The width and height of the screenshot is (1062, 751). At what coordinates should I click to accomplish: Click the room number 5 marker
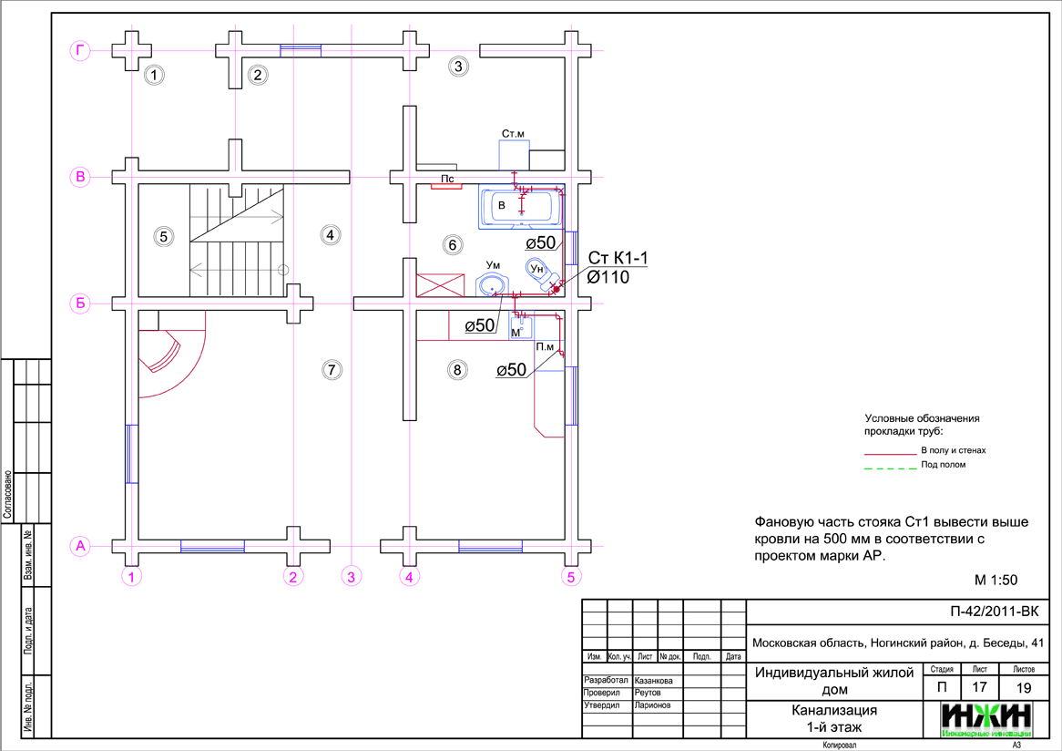click(x=164, y=237)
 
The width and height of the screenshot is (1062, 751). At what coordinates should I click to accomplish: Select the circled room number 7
click(x=332, y=369)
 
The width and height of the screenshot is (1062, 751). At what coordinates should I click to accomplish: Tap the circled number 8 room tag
click(x=458, y=369)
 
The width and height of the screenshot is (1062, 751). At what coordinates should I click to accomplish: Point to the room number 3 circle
click(x=458, y=66)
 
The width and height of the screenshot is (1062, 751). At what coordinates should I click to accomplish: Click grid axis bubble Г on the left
click(x=80, y=52)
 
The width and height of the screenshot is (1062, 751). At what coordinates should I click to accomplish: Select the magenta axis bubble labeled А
click(x=80, y=546)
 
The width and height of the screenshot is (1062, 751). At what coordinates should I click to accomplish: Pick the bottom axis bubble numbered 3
click(x=352, y=576)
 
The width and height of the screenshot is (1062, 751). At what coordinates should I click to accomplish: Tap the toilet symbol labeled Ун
click(x=539, y=271)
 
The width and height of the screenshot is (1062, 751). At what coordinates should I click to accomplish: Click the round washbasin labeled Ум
click(x=493, y=283)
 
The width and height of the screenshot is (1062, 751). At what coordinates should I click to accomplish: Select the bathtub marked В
click(x=520, y=207)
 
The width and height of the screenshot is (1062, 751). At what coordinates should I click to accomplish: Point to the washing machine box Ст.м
click(x=515, y=152)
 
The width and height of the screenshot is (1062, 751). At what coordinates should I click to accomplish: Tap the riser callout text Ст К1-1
click(x=618, y=260)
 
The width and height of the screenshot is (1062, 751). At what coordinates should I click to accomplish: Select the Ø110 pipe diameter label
click(x=608, y=278)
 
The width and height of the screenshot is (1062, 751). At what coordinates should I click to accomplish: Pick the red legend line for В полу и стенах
click(x=889, y=452)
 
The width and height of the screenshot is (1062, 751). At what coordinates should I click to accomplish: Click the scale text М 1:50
click(x=995, y=580)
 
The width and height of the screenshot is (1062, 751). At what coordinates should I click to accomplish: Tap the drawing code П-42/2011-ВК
click(x=994, y=612)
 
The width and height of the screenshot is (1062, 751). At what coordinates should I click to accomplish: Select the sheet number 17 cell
click(x=979, y=687)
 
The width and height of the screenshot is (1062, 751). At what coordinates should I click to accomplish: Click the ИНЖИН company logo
click(x=987, y=718)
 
